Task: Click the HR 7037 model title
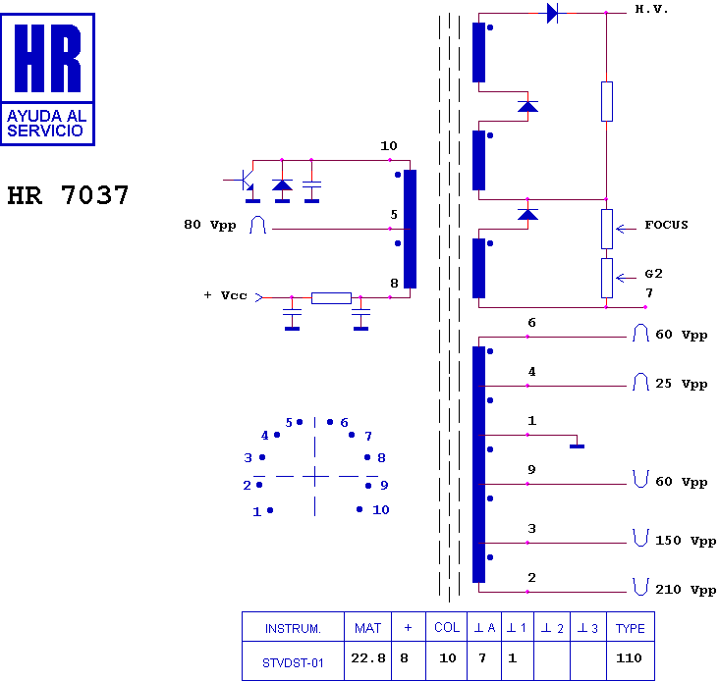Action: pos(68,195)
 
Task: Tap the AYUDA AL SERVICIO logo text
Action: pos(47,124)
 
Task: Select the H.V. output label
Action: pos(651,9)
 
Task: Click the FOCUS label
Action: pos(666,225)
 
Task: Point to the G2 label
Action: pos(653,274)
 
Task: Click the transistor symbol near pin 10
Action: pos(246,180)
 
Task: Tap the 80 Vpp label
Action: pos(210,225)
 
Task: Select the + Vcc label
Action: pos(225,295)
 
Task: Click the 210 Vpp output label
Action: pos(686,590)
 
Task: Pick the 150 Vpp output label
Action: pos(686,541)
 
